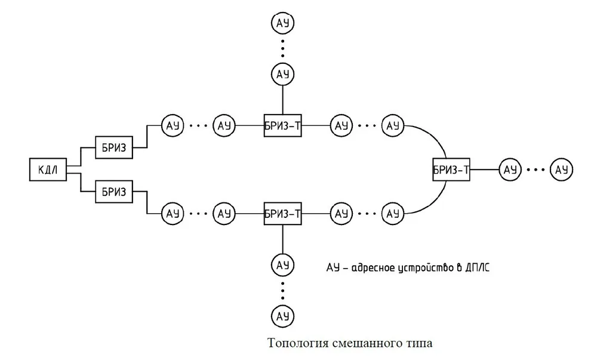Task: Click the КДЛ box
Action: [x=48, y=170]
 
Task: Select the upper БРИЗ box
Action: [x=114, y=147]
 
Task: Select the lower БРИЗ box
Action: [x=114, y=192]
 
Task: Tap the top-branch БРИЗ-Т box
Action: [x=282, y=125]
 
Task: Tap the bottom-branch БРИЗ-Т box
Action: [x=282, y=214]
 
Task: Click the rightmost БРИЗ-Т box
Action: [x=451, y=170]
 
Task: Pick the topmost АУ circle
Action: [x=282, y=23]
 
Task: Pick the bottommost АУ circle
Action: [x=282, y=316]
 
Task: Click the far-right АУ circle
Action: [x=561, y=170]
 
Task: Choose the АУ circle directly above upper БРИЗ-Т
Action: [x=282, y=74]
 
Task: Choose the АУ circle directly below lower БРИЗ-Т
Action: [x=282, y=264]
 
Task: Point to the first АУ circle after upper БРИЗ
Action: [x=173, y=125]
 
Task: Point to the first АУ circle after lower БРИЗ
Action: [x=173, y=214]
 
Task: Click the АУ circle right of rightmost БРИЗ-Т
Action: [x=510, y=170]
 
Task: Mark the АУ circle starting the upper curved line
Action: [x=393, y=125]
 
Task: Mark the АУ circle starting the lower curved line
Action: [x=393, y=214]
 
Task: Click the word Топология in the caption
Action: [x=298, y=343]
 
